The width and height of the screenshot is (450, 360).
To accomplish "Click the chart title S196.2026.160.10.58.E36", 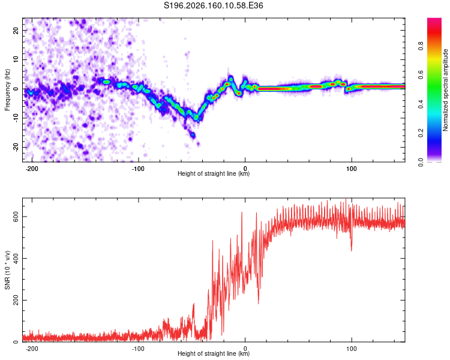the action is [213, 5].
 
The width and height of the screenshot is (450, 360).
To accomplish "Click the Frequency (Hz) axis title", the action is [7, 90].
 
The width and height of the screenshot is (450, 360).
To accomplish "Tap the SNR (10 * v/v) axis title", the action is [7, 270].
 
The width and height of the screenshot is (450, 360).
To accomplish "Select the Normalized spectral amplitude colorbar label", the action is [445, 90].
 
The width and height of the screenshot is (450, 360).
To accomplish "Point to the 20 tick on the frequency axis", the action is [16, 30].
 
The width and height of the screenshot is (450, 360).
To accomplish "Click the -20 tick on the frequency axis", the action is [16, 147].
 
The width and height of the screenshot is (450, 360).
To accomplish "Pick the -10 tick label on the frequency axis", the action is [16, 118].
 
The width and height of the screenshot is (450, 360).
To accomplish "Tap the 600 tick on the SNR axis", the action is [16, 217].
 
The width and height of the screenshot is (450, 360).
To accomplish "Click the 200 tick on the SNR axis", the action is [16, 300].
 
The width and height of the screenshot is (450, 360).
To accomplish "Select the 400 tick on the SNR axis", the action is [16, 259].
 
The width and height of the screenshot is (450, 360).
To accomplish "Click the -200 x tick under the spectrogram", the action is [32, 169].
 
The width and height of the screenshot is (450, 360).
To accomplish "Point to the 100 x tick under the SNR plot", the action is [351, 349].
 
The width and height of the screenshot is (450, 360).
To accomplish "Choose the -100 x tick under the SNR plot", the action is [139, 349].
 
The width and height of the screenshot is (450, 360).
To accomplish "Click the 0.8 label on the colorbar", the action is [421, 46].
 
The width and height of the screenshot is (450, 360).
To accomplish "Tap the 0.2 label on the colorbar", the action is [421, 133].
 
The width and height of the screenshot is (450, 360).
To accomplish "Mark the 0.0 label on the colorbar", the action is [421, 162].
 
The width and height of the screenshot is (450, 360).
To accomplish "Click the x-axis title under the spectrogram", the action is [214, 173].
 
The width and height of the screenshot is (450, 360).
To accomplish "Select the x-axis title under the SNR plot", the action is [214, 353].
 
